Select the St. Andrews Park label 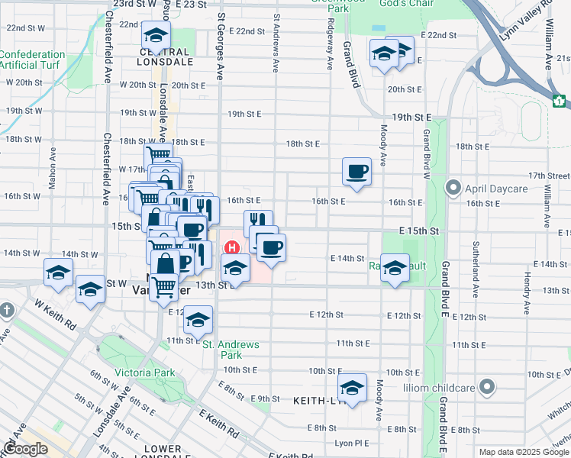(231, 350)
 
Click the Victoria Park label (144, 373)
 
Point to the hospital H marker (231, 248)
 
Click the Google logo (25, 450)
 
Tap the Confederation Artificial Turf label (32, 60)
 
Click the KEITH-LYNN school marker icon (353, 389)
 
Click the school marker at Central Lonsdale (156, 35)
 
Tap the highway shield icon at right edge (559, 100)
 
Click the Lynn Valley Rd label (526, 22)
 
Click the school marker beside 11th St (198, 319)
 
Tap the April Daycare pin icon (453, 186)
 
